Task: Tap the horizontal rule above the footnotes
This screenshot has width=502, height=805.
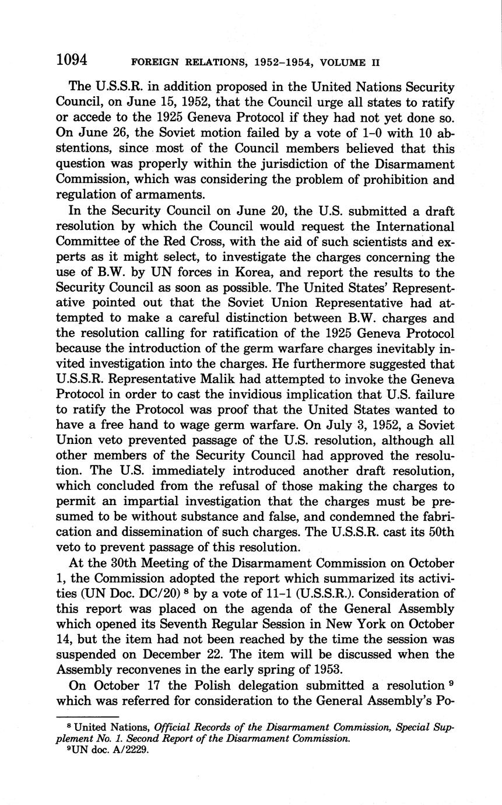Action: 87,717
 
